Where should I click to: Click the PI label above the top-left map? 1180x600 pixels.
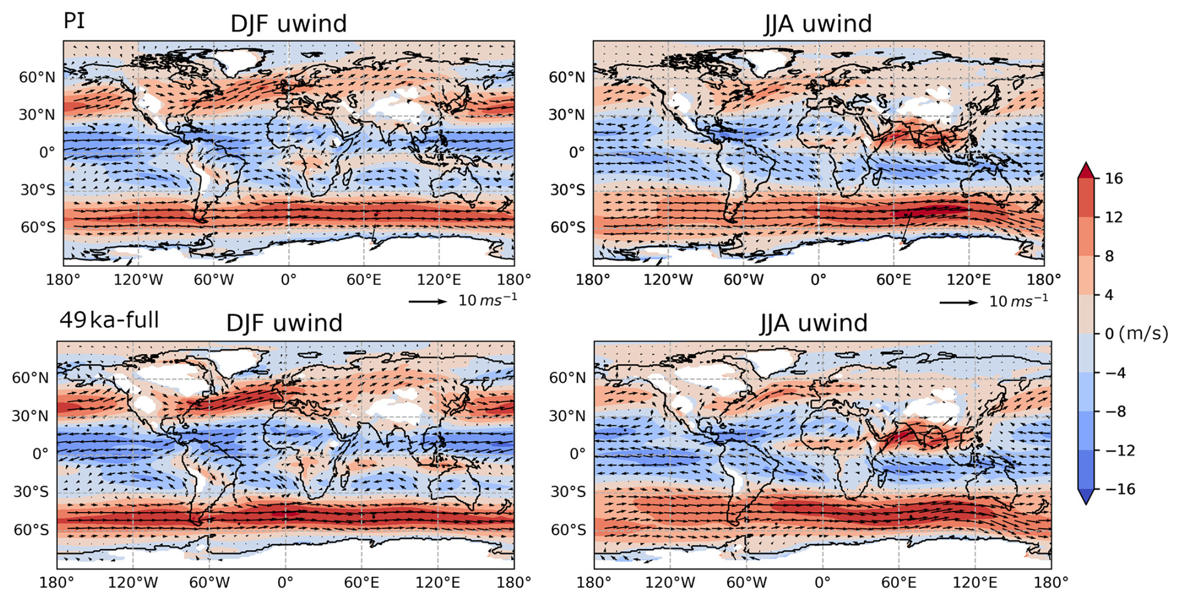tap(74, 21)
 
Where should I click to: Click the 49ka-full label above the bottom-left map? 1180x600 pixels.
tap(109, 320)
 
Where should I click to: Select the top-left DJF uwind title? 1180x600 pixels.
tap(288, 24)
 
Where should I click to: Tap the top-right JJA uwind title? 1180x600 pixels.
tap(818, 24)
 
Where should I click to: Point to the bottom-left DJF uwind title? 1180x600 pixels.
tap(284, 323)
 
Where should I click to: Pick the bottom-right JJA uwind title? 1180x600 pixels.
tap(814, 323)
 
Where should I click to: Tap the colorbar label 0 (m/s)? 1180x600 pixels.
tap(1136, 334)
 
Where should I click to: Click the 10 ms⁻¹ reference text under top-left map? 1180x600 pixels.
tap(488, 300)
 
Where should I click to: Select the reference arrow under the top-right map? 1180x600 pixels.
tap(959, 302)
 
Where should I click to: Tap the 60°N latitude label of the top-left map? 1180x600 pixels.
tap(37, 77)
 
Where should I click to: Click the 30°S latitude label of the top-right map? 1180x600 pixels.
tap(568, 190)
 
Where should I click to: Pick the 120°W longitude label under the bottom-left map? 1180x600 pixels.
tap(132, 583)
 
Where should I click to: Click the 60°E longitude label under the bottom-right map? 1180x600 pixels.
tap(899, 583)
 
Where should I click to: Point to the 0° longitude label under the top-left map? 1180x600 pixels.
tap(288, 279)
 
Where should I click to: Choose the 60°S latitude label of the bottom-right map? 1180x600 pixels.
tap(568, 530)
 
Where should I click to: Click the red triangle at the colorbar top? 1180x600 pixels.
tap(1086, 170)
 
